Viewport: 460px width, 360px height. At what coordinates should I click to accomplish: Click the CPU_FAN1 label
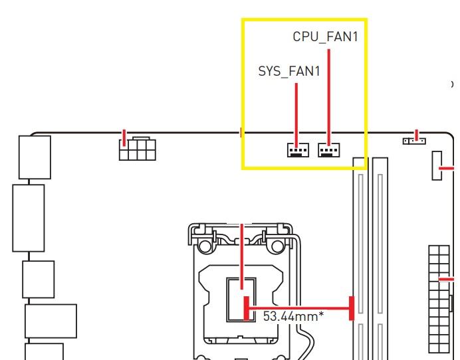(325, 37)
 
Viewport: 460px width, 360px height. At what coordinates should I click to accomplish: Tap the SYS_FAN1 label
(288, 71)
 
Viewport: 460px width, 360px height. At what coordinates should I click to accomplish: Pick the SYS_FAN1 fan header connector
(298, 150)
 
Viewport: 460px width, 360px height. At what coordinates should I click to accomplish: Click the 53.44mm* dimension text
(293, 316)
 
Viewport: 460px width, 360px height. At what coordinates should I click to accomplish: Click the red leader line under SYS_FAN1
(296, 113)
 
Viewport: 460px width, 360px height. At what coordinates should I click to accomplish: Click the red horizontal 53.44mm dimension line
(299, 307)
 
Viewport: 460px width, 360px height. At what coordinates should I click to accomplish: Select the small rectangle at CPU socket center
(241, 300)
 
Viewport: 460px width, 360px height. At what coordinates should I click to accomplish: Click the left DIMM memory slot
(359, 259)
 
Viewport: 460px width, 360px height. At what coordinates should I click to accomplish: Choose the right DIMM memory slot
(380, 259)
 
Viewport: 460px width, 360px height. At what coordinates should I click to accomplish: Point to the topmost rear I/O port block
(35, 157)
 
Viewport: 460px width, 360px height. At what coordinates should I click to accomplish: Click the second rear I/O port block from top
(28, 218)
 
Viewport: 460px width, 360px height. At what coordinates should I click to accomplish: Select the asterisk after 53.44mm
(322, 314)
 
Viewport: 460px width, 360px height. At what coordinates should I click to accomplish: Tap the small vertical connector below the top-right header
(439, 165)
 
